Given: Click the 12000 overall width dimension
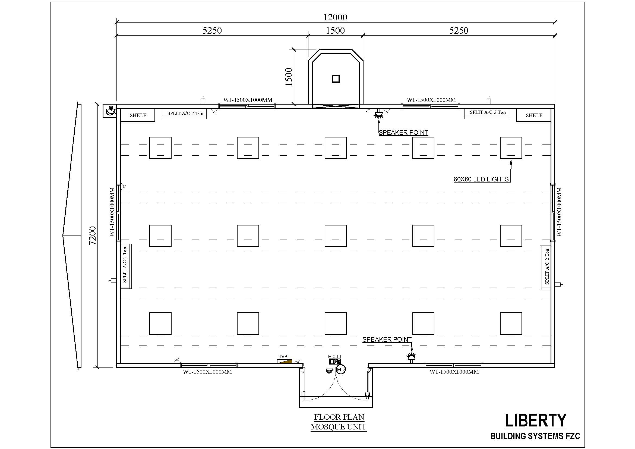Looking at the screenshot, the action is pyautogui.click(x=335, y=17).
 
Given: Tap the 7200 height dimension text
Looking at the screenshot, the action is pyautogui.click(x=92, y=236).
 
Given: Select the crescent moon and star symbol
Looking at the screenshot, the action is pyautogui.click(x=110, y=111).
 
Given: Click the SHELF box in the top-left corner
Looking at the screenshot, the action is pyautogui.click(x=137, y=115).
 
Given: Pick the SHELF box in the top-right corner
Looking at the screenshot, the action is pyautogui.click(x=534, y=115).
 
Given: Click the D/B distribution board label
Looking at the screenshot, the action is pyautogui.click(x=283, y=357).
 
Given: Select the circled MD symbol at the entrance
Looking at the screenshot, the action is pyautogui.click(x=341, y=369).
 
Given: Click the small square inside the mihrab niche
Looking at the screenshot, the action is pyautogui.click(x=336, y=79).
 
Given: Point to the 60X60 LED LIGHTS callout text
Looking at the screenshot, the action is pyautogui.click(x=481, y=179).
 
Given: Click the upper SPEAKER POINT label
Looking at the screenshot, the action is pyautogui.click(x=403, y=133).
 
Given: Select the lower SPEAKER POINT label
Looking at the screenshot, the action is pyautogui.click(x=387, y=340).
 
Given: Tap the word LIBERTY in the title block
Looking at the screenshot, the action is pyautogui.click(x=535, y=420).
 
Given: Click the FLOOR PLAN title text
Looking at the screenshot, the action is pyautogui.click(x=339, y=417).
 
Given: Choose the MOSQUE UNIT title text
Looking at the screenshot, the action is pyautogui.click(x=338, y=427).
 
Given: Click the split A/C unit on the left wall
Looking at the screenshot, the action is pyautogui.click(x=126, y=266).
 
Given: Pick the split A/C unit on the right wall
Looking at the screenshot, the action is pyautogui.click(x=545, y=268).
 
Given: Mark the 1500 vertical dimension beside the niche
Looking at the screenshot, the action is pyautogui.click(x=289, y=77).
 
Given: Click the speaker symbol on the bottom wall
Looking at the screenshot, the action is pyautogui.click(x=411, y=357).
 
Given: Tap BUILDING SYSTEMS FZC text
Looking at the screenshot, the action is pyautogui.click(x=535, y=436).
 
